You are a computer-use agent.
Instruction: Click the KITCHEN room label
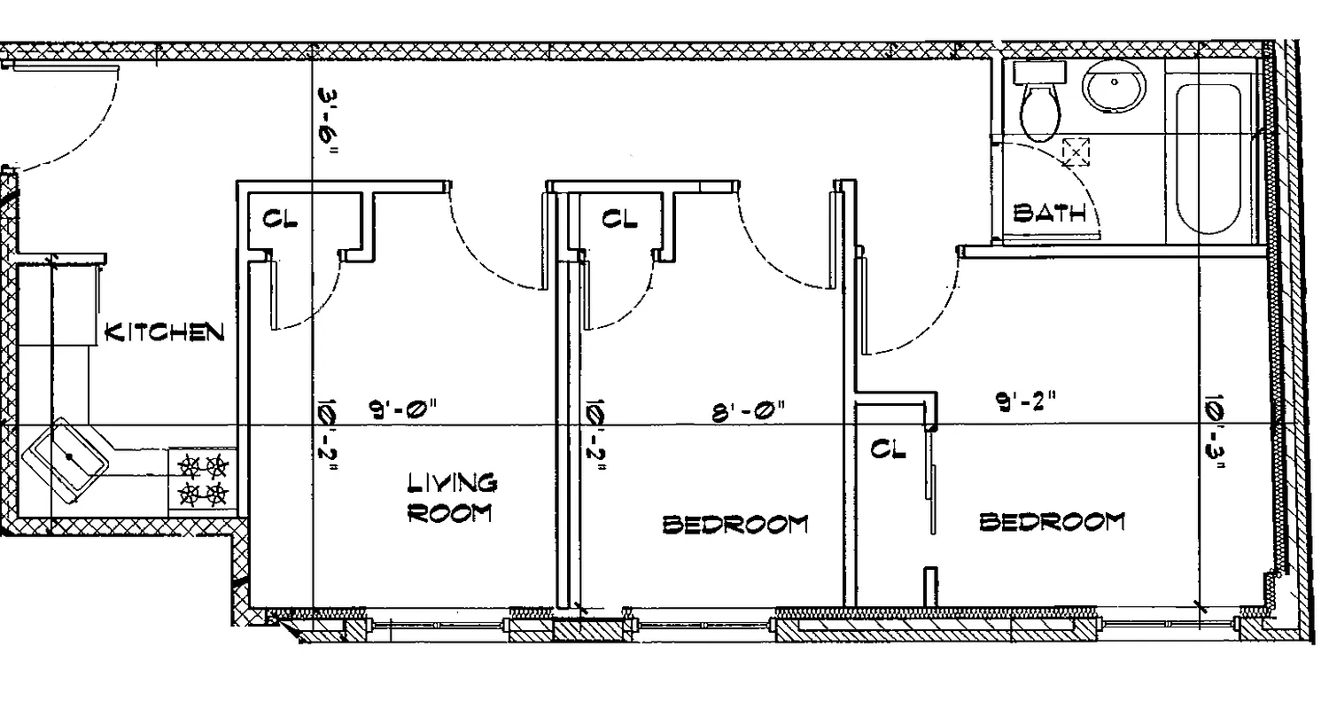click(x=164, y=332)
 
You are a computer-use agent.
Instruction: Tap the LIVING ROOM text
click(x=451, y=498)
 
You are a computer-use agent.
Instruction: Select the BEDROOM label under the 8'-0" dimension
click(x=735, y=524)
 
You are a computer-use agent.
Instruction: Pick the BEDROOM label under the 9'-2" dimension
click(x=1052, y=521)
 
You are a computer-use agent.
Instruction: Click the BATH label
click(x=1050, y=213)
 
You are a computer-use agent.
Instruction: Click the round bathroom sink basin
click(x=1114, y=89)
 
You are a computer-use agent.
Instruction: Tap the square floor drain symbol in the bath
click(x=1076, y=152)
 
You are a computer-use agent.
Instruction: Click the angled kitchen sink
click(x=67, y=457)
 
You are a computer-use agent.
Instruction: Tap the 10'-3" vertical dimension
click(x=1215, y=435)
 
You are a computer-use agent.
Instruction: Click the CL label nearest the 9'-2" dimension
click(x=889, y=449)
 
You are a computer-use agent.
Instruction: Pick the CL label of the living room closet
click(x=280, y=218)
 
